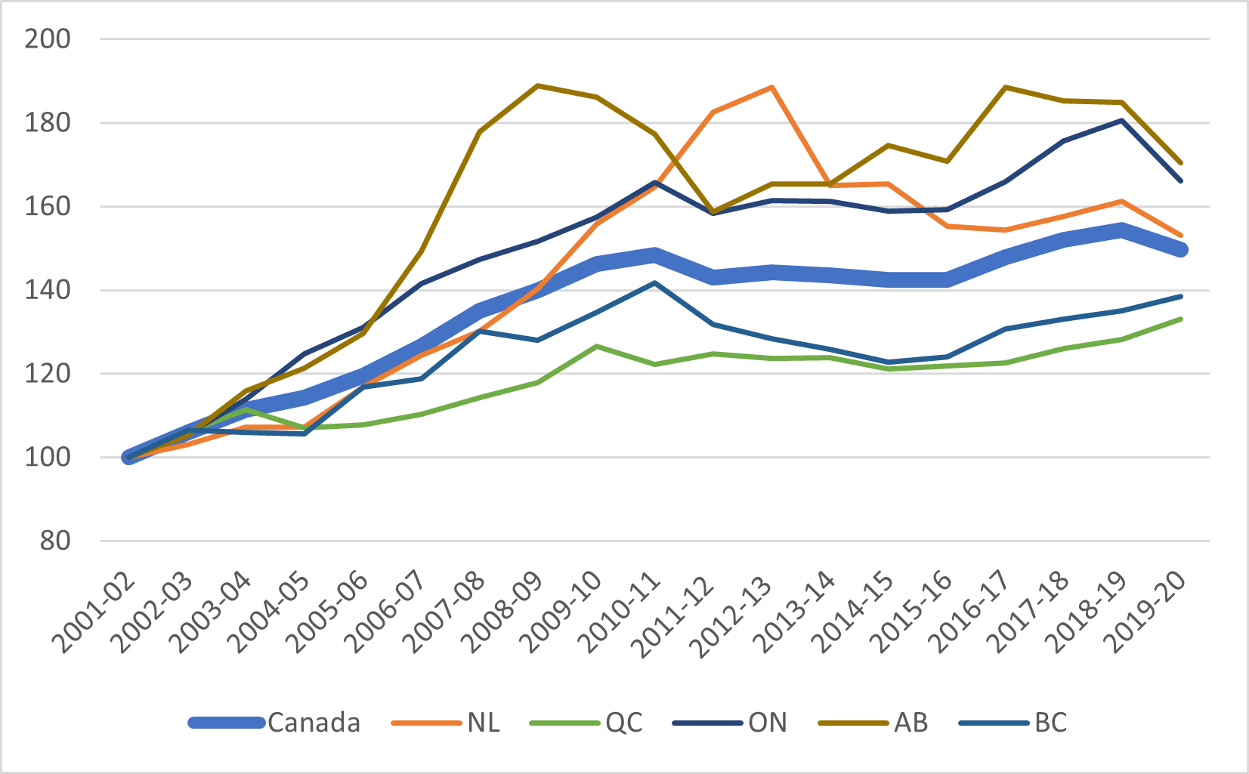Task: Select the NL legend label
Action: (x=483, y=723)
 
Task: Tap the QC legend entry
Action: (x=623, y=723)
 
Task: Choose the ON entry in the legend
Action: (x=767, y=723)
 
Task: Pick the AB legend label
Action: (x=910, y=723)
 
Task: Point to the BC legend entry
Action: (x=1050, y=723)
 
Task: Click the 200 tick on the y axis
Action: (x=48, y=39)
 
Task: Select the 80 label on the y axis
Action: (x=55, y=541)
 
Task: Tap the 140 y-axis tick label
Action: (x=48, y=290)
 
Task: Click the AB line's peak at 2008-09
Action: (x=537, y=85)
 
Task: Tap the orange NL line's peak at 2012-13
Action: (x=771, y=87)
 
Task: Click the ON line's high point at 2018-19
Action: (x=1122, y=120)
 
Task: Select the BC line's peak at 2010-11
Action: (x=654, y=282)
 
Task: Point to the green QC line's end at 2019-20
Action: (x=1180, y=319)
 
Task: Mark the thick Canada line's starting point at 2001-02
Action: (x=129, y=457)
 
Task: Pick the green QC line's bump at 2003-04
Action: (x=246, y=409)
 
